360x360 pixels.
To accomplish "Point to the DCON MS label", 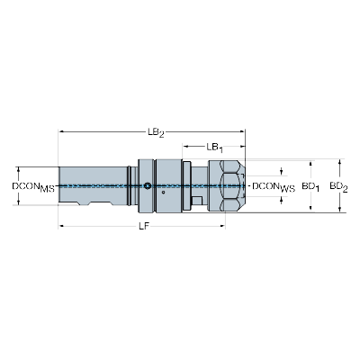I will [33, 187].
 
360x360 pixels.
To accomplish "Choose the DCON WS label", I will [273, 187].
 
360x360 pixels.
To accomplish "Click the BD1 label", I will [310, 186].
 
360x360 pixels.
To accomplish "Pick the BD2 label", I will [337, 186].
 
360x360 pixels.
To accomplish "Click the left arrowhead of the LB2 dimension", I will [61, 130].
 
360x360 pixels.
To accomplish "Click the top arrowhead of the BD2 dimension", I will [340, 163].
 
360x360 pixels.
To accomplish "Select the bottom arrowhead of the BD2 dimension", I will [340, 211].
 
